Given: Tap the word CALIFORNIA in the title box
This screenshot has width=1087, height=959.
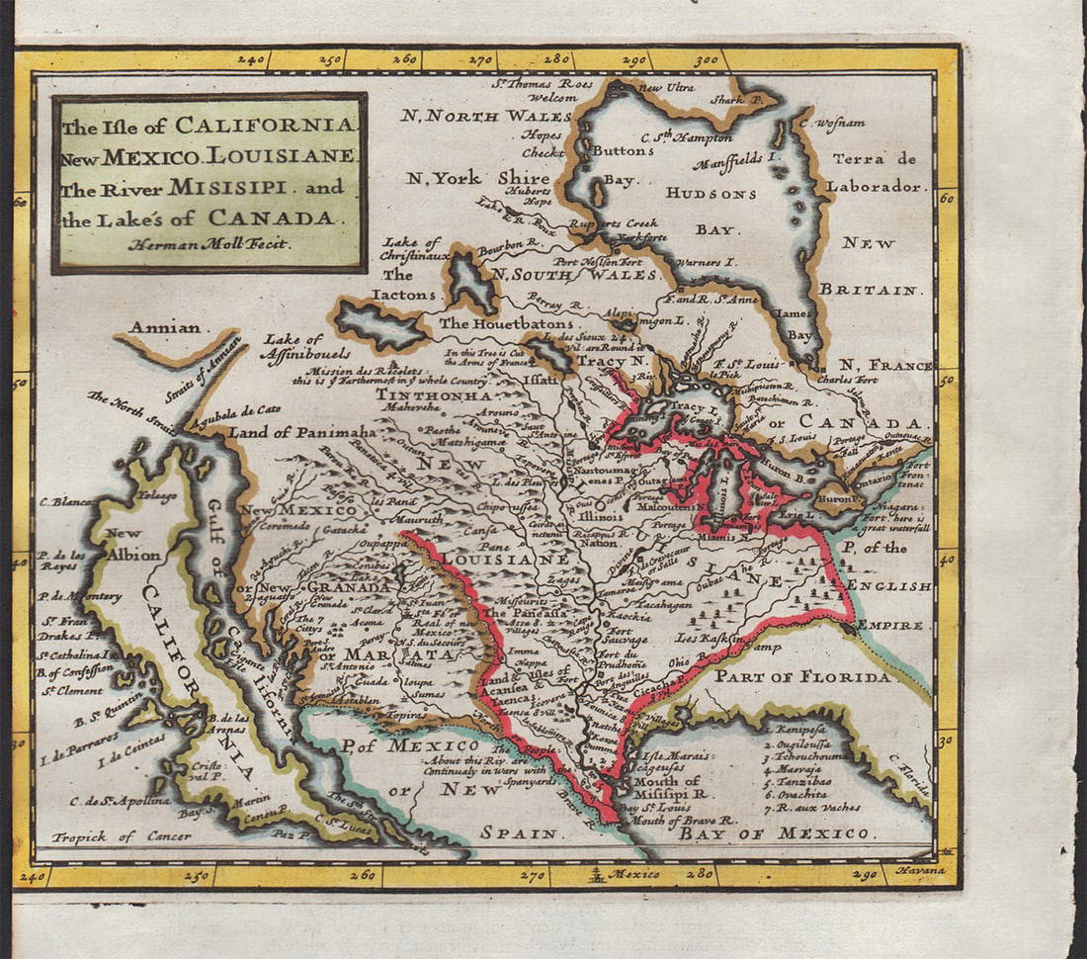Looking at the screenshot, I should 264,126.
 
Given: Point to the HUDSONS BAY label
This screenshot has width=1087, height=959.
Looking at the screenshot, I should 711,210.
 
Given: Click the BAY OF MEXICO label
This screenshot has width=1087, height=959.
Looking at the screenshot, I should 774,833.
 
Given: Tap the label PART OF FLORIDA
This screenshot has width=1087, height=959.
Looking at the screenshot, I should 802,676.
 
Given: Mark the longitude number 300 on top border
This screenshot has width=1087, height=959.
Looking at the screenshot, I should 706,60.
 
